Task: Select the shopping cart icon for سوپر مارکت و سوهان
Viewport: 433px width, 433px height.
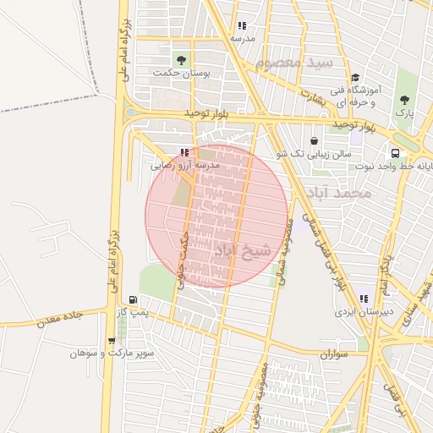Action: pyautogui.click(x=111, y=341)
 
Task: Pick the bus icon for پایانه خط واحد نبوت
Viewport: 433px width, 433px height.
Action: pyautogui.click(x=396, y=153)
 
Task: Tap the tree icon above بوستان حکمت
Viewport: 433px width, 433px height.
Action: pyautogui.click(x=180, y=59)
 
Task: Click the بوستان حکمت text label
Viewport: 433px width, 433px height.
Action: pyautogui.click(x=181, y=73)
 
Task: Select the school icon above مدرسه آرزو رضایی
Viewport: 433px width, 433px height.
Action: pyautogui.click(x=184, y=153)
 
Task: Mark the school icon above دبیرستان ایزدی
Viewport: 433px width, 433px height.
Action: pyautogui.click(x=363, y=299)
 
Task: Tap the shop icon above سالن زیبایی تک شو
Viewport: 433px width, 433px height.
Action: pyautogui.click(x=315, y=140)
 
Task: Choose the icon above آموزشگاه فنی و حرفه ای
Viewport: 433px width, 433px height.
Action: pyautogui.click(x=355, y=78)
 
